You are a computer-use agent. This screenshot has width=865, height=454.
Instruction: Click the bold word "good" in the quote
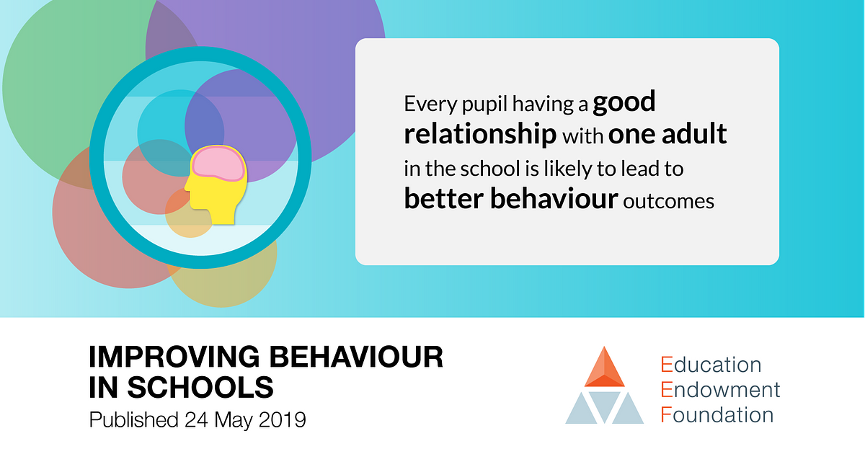tap(624, 102)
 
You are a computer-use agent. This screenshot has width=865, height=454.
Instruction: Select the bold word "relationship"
tap(479, 134)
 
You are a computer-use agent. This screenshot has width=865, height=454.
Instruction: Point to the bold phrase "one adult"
tap(667, 134)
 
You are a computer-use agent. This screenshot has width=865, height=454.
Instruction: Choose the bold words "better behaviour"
tap(510, 199)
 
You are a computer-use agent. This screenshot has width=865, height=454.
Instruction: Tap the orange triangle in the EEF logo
tap(604, 368)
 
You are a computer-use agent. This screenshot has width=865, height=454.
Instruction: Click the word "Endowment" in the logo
tap(720, 390)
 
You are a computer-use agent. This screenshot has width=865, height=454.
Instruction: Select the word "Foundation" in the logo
tap(717, 415)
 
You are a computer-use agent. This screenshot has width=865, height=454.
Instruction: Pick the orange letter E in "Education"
tap(666, 365)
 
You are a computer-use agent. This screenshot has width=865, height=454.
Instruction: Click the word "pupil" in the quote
tap(484, 104)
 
